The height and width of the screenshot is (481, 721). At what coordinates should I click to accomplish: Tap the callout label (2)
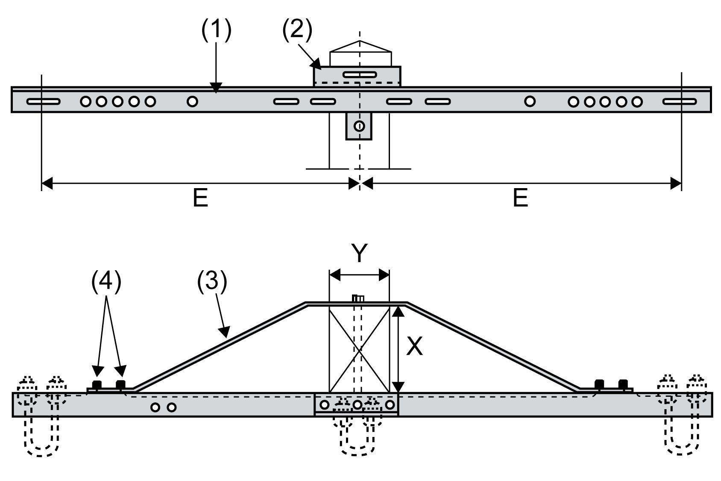297,30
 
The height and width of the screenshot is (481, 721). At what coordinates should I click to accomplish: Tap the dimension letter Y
360,254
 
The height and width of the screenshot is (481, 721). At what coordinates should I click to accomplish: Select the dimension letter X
414,346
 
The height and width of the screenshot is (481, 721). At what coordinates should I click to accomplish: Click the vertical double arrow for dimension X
398,348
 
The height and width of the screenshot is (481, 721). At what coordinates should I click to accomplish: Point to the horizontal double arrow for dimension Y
360,274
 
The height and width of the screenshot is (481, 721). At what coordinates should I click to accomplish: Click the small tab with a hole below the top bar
359,126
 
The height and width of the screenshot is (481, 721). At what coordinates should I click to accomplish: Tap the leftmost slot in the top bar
43,102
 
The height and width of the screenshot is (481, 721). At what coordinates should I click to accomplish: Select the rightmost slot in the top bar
680,102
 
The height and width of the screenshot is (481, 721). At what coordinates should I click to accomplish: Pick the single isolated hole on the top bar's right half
530,101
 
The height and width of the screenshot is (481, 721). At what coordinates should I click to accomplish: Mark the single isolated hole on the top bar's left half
192,101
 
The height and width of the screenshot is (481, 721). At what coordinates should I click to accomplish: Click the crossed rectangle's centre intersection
360,349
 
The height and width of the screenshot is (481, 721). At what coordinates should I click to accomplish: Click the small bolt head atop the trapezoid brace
358,298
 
